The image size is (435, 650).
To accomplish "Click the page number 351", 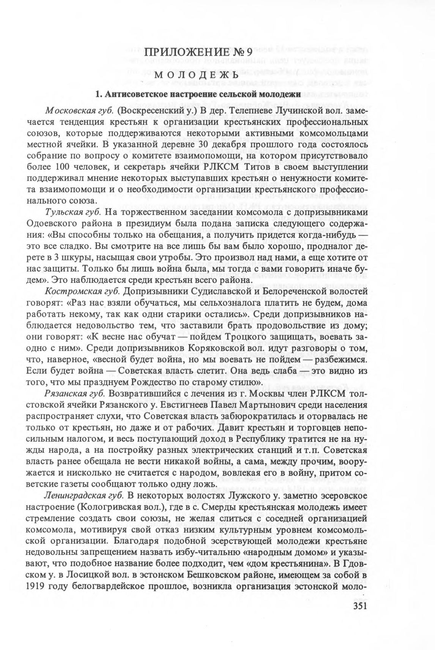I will [356, 606].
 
